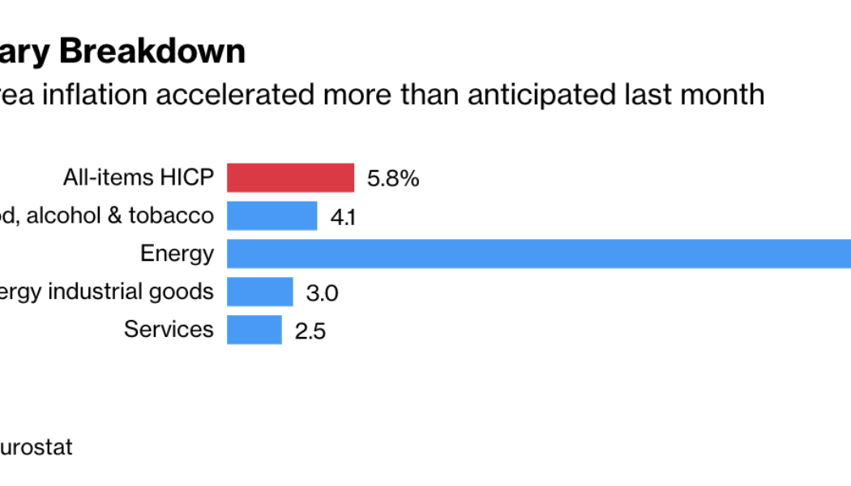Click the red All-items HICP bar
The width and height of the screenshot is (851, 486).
click(x=290, y=177)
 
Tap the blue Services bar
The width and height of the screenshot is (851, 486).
click(x=254, y=330)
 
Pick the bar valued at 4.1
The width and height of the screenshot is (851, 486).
click(x=272, y=215)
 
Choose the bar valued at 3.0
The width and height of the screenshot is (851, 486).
click(x=259, y=292)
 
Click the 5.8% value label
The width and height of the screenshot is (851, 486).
click(x=393, y=178)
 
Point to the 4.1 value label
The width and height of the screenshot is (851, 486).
click(x=344, y=217)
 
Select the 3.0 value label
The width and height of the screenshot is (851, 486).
click(x=322, y=292)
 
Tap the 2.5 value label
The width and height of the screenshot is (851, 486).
click(x=310, y=330)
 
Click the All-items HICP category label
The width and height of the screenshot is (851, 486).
click(x=139, y=177)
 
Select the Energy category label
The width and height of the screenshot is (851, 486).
click(x=177, y=254)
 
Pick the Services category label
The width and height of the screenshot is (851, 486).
click(x=169, y=330)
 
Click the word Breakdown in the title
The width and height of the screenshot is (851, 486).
click(x=152, y=51)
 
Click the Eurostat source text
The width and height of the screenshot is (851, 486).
click(x=36, y=447)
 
